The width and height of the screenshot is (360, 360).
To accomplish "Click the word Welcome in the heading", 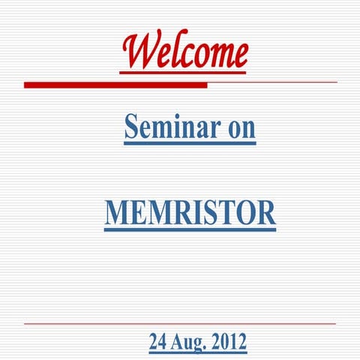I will point(184,51).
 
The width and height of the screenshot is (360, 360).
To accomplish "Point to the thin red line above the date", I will point(180,323).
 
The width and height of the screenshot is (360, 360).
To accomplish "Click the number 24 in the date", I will point(157,343).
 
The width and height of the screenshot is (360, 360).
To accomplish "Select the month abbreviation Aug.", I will point(188,343).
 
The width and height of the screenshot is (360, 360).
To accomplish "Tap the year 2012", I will point(229,343).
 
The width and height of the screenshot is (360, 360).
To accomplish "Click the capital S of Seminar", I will point(131,128).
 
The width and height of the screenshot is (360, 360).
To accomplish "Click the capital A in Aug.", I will point(177,343).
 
